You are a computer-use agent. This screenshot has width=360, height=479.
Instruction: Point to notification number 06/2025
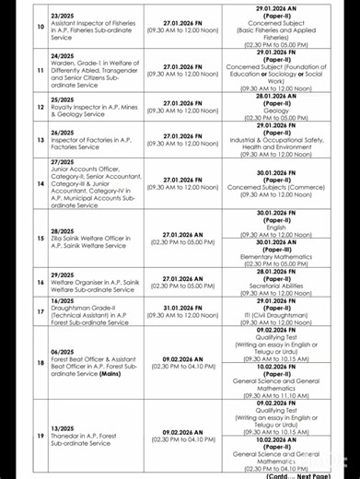64,351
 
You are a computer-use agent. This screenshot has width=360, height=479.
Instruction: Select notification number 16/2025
64,300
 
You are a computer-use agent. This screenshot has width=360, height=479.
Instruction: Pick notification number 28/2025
64,231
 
